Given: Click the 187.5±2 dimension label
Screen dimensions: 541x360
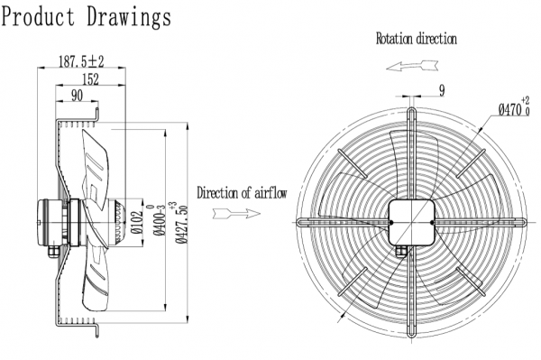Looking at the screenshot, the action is coord(81,61).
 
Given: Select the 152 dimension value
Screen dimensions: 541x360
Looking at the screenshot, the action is coord(90,79).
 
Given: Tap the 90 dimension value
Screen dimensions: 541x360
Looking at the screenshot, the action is coord(77,96).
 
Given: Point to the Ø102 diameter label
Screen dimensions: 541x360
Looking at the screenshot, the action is coord(137,222).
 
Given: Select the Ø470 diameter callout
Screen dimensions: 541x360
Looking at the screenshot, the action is coord(513,107).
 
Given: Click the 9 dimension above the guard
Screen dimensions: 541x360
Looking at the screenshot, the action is coord(442,90).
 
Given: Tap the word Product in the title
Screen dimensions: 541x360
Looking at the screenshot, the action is coord(38,16).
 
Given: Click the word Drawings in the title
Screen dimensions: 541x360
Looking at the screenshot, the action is coord(129,17).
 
